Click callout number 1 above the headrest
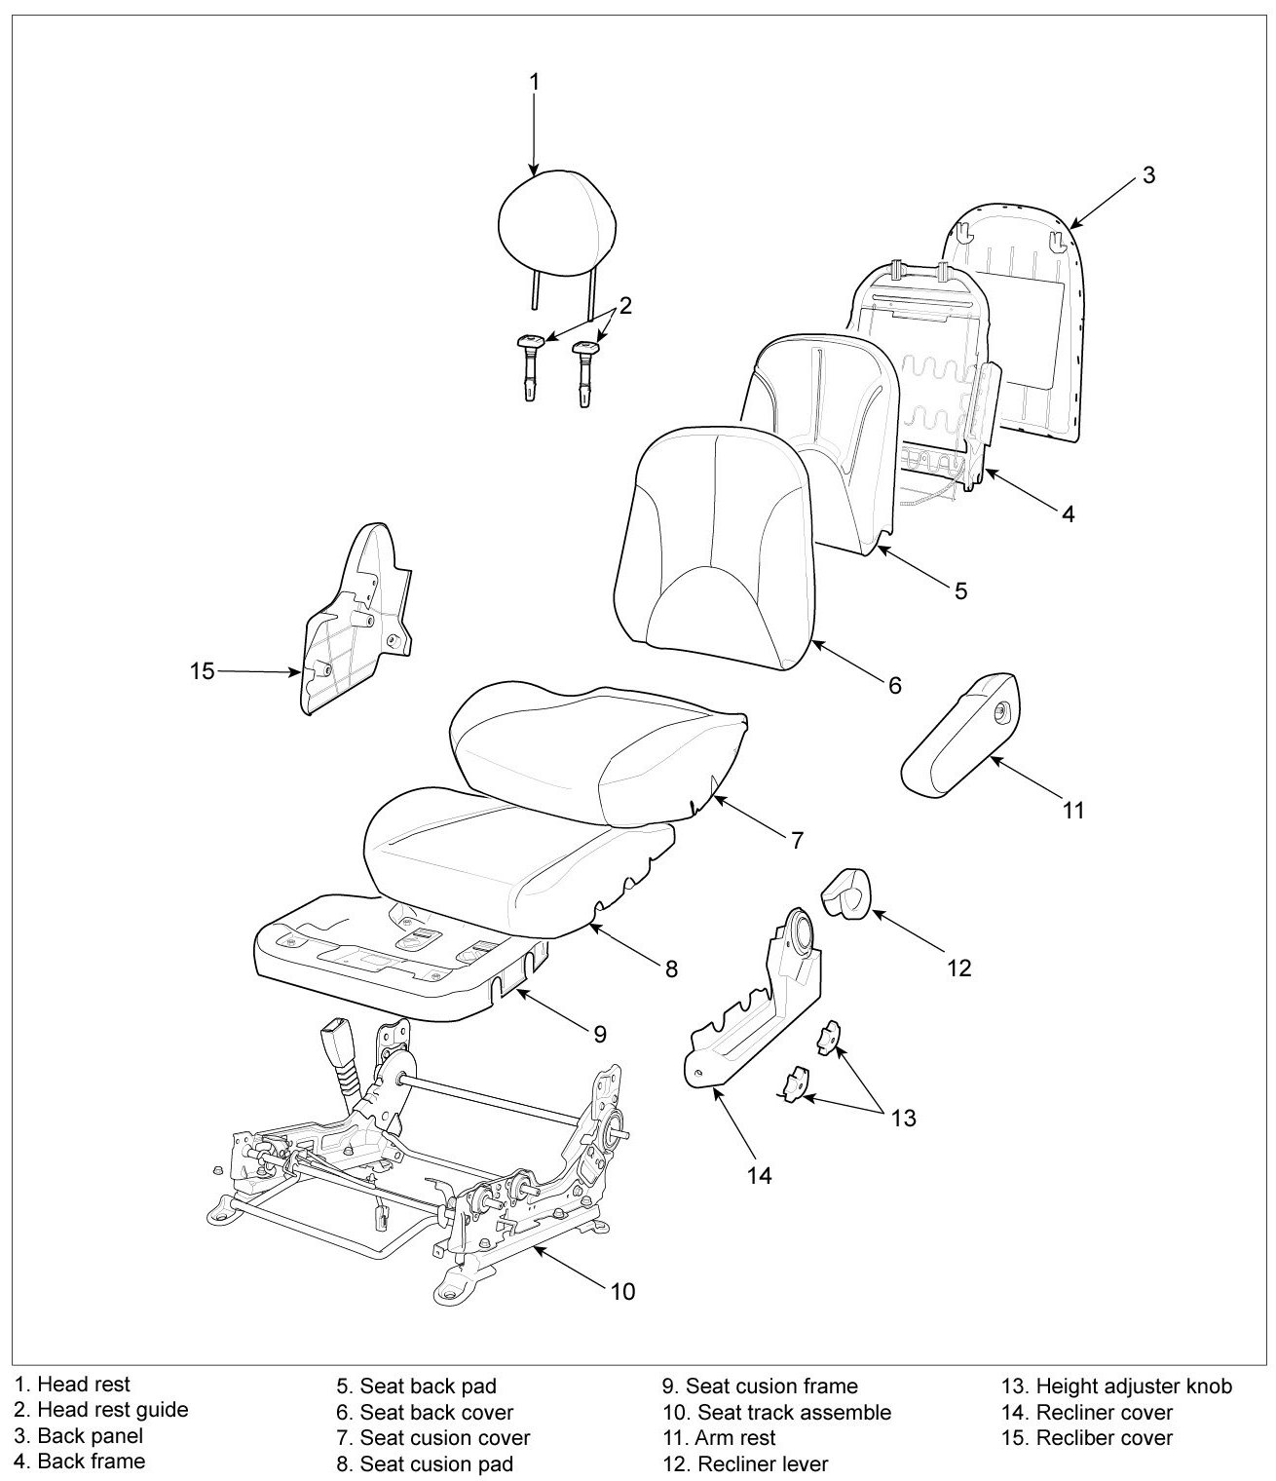[x=534, y=82]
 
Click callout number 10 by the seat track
[x=622, y=1291]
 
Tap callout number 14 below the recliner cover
[x=760, y=1176]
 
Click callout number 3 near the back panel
[x=1148, y=175]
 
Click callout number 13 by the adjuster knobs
[x=903, y=1118]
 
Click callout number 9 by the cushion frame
[x=600, y=1033]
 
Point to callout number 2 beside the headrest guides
[x=625, y=305]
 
